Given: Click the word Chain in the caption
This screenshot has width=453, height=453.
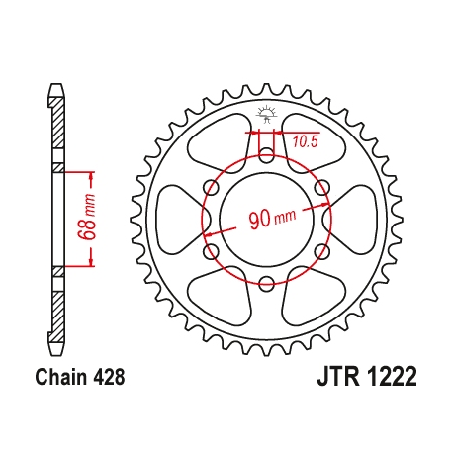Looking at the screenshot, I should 58,377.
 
